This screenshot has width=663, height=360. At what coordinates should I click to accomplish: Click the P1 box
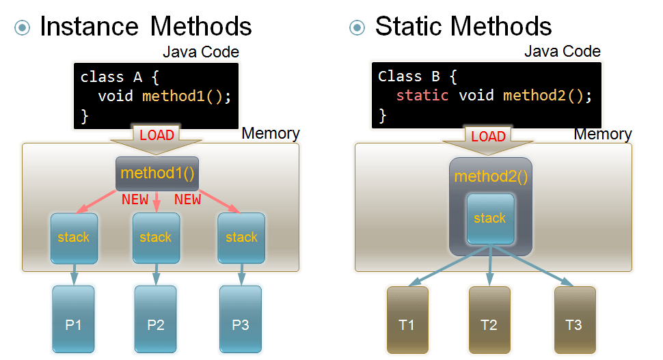point(74,318)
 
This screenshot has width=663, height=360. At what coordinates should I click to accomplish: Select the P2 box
point(155,318)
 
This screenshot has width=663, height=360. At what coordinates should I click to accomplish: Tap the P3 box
point(241,318)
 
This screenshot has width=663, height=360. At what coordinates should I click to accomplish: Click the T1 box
point(407,319)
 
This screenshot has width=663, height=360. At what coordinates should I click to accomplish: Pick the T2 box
point(489,319)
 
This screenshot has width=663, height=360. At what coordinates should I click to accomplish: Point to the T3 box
point(574,319)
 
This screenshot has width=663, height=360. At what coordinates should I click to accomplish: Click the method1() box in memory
point(157,174)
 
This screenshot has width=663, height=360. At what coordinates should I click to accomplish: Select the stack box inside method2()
point(489,219)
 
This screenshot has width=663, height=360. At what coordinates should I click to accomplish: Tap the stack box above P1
point(74,238)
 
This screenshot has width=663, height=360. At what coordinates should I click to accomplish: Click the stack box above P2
point(156,238)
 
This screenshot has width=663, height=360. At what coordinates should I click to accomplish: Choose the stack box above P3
point(241,238)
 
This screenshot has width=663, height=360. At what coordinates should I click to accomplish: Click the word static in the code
point(422,95)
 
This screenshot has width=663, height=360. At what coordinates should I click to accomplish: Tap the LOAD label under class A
point(157,135)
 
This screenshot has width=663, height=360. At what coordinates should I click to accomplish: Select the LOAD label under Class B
point(488,136)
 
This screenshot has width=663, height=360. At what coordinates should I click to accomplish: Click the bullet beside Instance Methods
point(23,27)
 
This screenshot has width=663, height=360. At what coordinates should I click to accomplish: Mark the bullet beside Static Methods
point(357,27)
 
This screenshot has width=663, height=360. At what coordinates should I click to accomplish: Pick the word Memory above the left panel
point(271,133)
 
